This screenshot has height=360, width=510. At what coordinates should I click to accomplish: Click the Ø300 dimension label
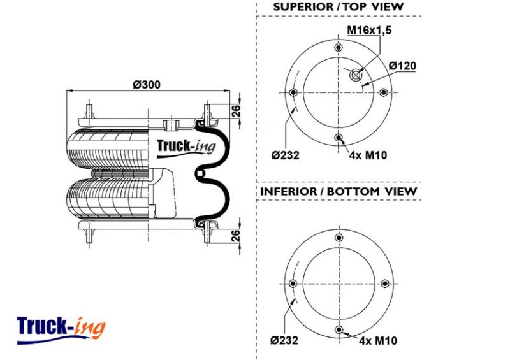[x=147, y=85]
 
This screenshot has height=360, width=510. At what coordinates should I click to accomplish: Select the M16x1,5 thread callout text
[x=369, y=30]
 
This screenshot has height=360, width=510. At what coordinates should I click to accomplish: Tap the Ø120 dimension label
[x=402, y=66]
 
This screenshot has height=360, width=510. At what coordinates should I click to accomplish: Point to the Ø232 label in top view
[x=285, y=155]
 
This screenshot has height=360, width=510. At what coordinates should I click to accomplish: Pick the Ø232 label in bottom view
[x=284, y=340]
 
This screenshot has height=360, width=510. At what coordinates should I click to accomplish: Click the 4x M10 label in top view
[x=368, y=155]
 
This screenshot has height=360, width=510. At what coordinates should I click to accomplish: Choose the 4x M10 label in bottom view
[x=378, y=340]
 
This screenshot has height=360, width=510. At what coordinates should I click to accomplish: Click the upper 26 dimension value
[x=237, y=111]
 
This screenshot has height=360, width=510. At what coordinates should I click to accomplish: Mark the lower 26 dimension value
[x=237, y=235]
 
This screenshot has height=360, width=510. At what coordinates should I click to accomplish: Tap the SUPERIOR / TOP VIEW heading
[x=339, y=7]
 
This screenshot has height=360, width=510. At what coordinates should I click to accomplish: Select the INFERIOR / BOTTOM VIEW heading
[x=339, y=191]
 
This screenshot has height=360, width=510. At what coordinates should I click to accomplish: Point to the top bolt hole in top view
[x=339, y=48]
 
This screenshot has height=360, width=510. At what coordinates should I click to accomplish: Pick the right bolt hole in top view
[x=383, y=92]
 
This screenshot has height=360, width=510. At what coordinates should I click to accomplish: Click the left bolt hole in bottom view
[x=293, y=284]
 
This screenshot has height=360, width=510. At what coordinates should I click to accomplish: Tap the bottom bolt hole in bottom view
[x=339, y=329]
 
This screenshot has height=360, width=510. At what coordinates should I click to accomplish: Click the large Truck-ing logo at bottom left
[x=61, y=329]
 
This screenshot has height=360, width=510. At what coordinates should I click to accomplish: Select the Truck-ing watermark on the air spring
[x=186, y=148]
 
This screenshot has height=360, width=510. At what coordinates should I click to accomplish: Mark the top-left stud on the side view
[x=89, y=112]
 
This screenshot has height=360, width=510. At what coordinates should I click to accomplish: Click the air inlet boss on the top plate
[x=171, y=124]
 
